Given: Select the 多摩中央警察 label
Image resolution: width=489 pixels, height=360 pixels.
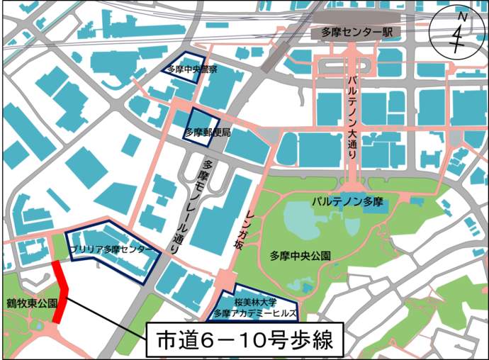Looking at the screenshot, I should point(192,69).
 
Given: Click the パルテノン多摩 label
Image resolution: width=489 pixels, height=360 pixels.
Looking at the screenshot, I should point(347,203).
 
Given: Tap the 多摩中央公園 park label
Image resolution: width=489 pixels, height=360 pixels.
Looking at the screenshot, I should point(300,255).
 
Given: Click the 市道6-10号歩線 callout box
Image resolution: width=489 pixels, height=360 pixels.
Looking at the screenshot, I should point(244,341).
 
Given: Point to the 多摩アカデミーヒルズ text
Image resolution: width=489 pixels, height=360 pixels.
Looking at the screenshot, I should point(256,313).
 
